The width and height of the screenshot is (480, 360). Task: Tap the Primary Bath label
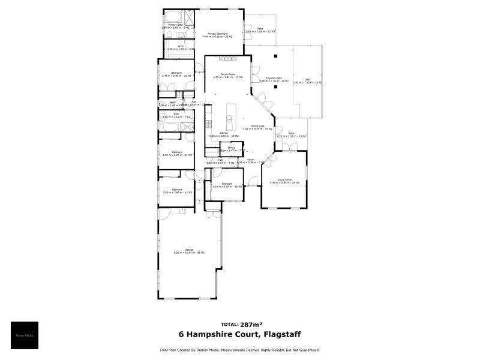175,25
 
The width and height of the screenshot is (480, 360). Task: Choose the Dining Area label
257,125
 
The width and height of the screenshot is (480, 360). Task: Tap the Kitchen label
223,133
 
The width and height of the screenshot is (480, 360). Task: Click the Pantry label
231,147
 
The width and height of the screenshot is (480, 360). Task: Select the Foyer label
251,160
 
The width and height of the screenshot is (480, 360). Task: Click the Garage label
189,250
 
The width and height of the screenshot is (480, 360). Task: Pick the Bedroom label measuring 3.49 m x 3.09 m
176,73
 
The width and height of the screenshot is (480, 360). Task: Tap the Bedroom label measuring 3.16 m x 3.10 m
227,184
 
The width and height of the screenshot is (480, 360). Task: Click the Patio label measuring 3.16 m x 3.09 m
260,28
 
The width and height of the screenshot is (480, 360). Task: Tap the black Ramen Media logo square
25,335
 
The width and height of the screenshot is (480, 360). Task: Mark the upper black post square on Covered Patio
275,56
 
